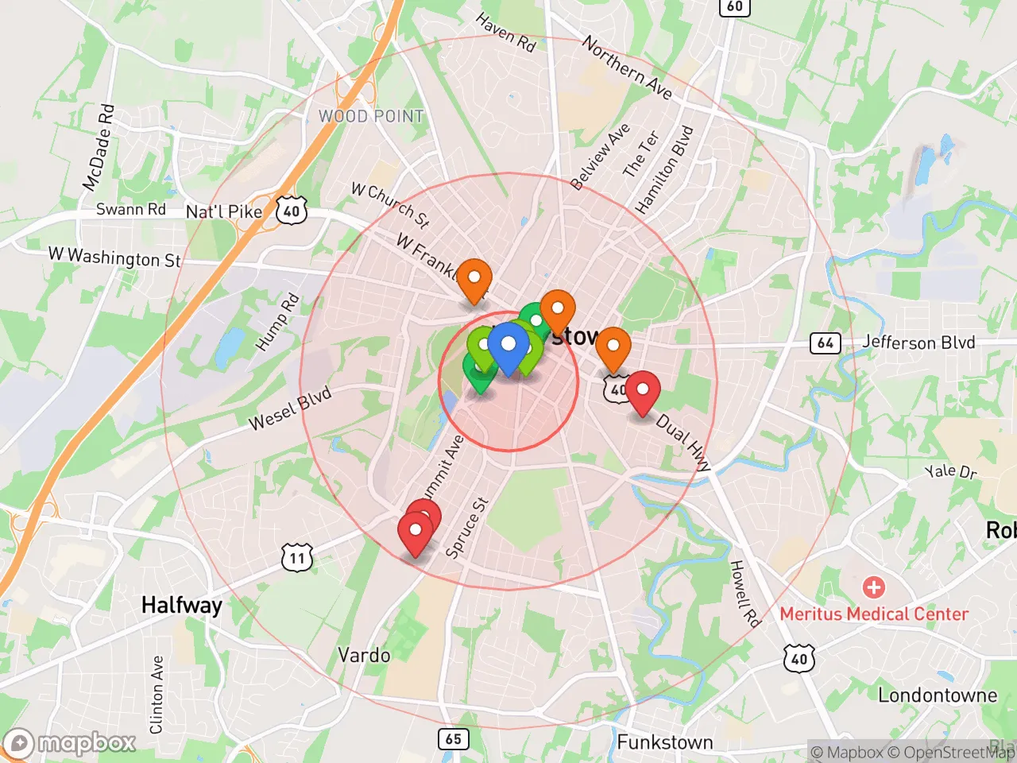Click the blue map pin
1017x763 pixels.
508,347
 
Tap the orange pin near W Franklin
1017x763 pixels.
474,279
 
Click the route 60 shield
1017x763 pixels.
735,7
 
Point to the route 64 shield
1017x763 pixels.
826,343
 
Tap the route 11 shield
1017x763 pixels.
297,557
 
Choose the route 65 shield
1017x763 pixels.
453,739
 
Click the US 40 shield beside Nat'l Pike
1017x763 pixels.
292,211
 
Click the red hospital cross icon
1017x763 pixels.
874,587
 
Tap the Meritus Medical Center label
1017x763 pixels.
874,614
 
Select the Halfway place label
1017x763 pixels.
181,605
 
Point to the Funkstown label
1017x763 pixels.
665,742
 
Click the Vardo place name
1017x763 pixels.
364,655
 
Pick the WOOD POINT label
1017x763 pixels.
371,116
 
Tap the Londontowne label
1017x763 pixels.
937,695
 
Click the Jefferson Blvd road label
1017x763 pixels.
918,343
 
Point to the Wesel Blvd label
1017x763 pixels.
290,409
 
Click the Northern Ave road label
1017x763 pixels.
628,68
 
